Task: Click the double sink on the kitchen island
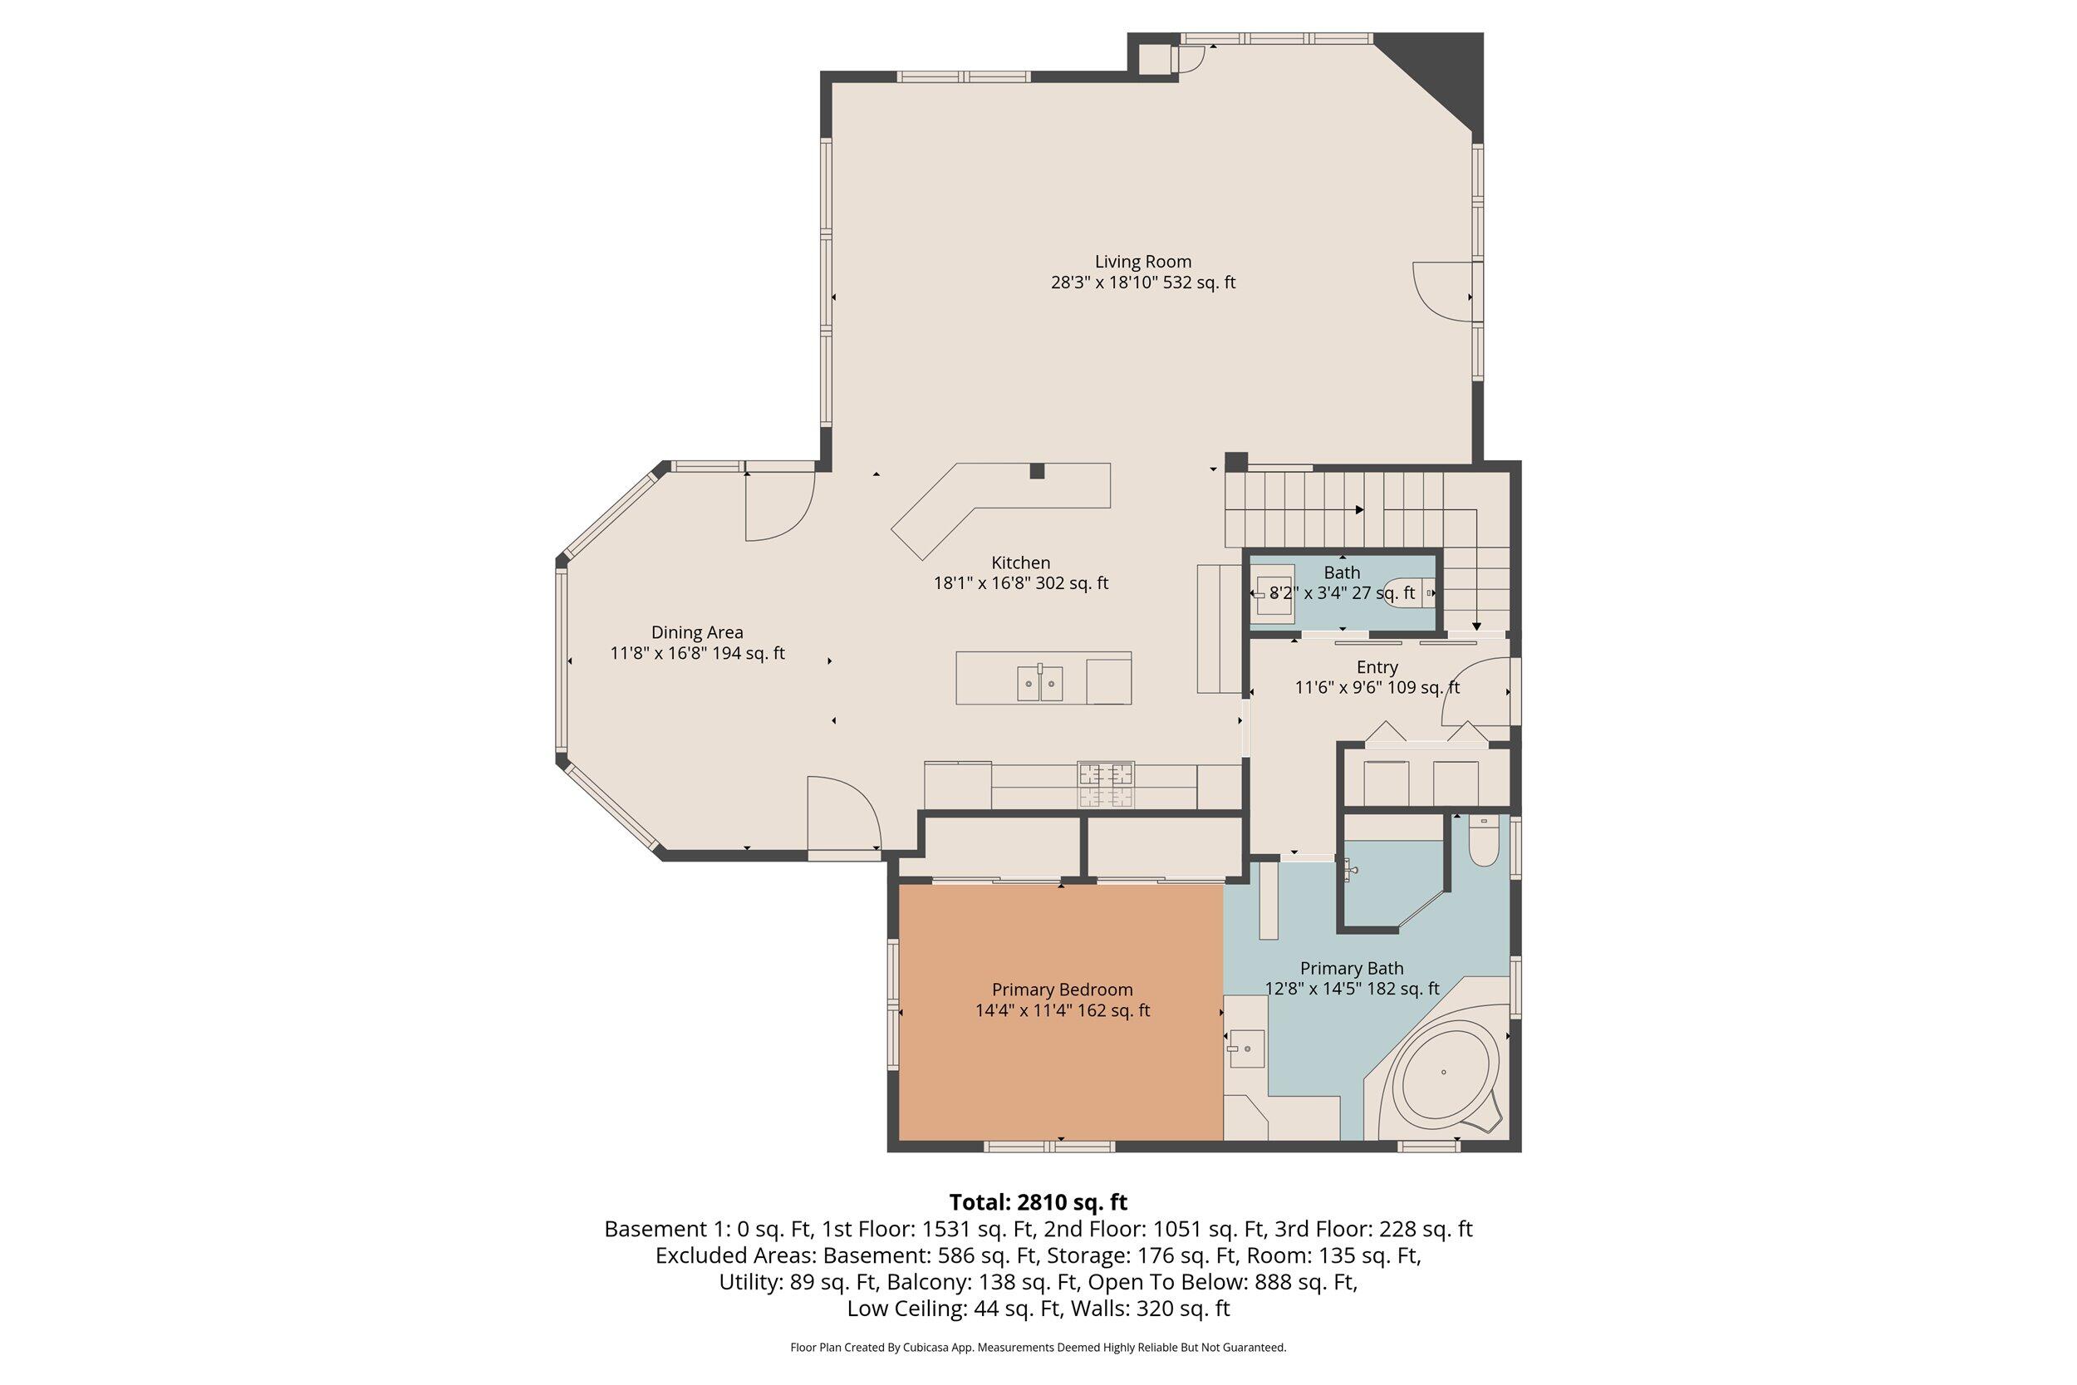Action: (x=1039, y=683)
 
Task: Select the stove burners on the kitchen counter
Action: (x=1106, y=784)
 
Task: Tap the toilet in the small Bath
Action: (x=1406, y=592)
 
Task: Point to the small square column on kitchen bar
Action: (x=1037, y=471)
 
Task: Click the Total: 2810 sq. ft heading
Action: (x=1038, y=1202)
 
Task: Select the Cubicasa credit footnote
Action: (x=1038, y=1347)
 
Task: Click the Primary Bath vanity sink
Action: (x=1247, y=1049)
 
